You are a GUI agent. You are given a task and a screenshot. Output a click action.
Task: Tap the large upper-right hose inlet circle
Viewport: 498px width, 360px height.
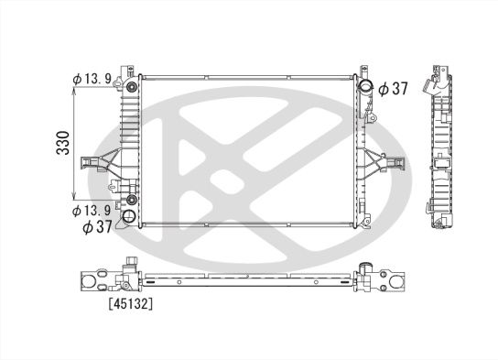tap(366, 89)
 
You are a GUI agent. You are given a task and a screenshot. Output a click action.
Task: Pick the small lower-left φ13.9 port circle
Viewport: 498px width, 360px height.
tap(132, 200)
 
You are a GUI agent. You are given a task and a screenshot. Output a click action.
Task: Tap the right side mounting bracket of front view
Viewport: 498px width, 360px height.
tap(386, 163)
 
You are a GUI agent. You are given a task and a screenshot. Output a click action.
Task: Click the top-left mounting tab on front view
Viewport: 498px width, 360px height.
tap(132, 70)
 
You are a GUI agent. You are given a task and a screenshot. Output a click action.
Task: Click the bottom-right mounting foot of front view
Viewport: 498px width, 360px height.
tap(364, 220)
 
